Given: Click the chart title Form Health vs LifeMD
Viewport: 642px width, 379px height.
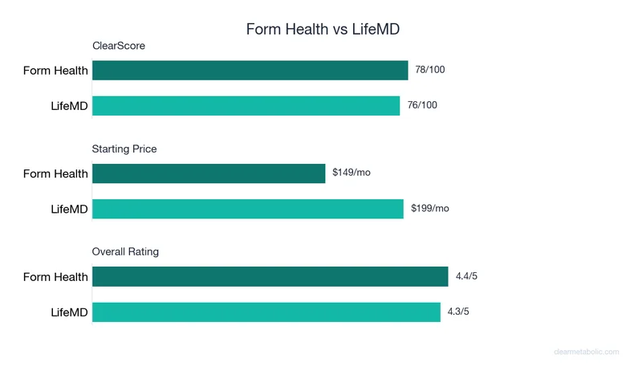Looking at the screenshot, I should pos(323,29).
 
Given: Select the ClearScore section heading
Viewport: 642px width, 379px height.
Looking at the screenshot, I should pos(119,46).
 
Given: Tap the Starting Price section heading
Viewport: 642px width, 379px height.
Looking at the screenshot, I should pos(124,149).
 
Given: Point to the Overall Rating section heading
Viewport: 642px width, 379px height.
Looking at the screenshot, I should pos(125,251).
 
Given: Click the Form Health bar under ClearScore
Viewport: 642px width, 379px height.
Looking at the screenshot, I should pos(250,71).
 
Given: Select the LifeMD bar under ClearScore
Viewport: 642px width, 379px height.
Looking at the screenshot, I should pos(246,106).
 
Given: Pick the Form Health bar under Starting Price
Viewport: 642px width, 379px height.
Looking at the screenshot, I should pos(209,173).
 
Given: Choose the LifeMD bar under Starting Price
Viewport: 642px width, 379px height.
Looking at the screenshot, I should pos(248,209).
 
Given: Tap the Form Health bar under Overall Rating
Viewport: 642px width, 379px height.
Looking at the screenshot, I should pos(270,277).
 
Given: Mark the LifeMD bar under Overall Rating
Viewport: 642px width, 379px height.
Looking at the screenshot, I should pos(266,312).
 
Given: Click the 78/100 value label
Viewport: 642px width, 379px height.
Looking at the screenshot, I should pos(430,70).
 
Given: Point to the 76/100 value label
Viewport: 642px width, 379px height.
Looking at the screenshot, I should pos(422,105).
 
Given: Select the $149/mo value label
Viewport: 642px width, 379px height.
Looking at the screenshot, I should pos(351,173).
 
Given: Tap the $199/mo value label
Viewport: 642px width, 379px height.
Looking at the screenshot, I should pos(430,208).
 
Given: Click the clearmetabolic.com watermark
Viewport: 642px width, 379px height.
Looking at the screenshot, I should pos(587,352).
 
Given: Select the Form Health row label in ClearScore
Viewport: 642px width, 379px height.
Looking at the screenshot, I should pos(55,71).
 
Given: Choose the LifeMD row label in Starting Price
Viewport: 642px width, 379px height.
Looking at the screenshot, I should pos(69,209).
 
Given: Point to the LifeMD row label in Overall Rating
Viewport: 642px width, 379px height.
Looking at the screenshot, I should pos(69,312).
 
